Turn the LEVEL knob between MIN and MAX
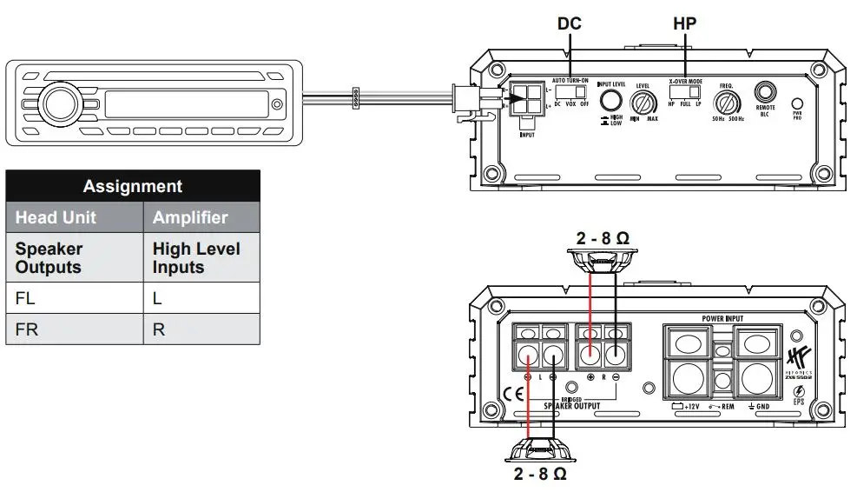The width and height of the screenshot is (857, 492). tap(643, 103)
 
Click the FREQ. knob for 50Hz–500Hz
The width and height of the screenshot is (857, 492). tap(728, 103)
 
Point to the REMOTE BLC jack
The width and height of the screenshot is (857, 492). tap(766, 92)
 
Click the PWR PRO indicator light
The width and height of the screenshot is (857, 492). tap(797, 103)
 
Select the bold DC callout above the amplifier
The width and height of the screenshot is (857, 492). tap(570, 23)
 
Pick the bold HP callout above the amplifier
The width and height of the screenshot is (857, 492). tap(685, 23)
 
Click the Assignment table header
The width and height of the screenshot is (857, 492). tap(132, 186)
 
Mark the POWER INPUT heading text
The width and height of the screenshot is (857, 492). tap(728, 319)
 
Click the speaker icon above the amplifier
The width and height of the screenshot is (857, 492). tap(605, 258)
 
